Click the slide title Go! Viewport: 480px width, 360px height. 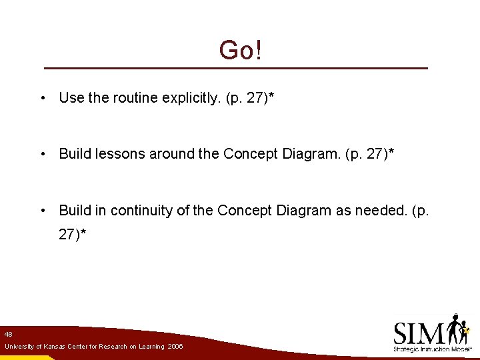click(240, 50)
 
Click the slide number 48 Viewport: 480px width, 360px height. click(8, 333)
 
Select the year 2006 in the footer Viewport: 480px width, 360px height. click(175, 347)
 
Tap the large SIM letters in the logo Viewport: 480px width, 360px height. click(419, 331)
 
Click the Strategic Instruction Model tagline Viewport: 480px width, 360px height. click(433, 349)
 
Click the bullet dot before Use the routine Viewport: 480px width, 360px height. click(42, 99)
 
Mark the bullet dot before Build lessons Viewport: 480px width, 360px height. click(42, 155)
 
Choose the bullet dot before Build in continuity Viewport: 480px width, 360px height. click(42, 211)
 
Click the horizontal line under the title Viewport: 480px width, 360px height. click(236, 69)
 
